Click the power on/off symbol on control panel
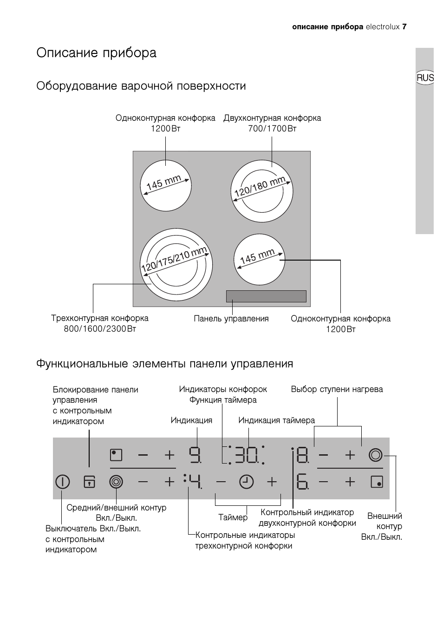pyautogui.click(x=62, y=482)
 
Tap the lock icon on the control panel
pyautogui.click(x=89, y=482)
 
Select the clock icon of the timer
pyautogui.click(x=247, y=482)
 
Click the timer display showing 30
pyautogui.click(x=246, y=455)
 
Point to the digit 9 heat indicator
pyautogui.click(x=195, y=454)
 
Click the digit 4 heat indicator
pyautogui.click(x=195, y=482)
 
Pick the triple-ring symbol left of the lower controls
pyautogui.click(x=116, y=482)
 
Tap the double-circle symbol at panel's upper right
pyautogui.click(x=375, y=455)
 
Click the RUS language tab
pyautogui.click(x=425, y=78)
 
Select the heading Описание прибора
pyautogui.click(x=97, y=53)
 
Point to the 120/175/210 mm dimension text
pyautogui.click(x=174, y=260)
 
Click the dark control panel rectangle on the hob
pyautogui.click(x=266, y=296)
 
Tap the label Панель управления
pyautogui.click(x=231, y=319)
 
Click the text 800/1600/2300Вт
pyautogui.click(x=100, y=329)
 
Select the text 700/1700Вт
pyautogui.click(x=272, y=129)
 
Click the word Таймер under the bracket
pyautogui.click(x=233, y=517)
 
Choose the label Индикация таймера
pyautogui.click(x=276, y=420)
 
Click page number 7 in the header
pyautogui.click(x=404, y=27)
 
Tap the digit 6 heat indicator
pyautogui.click(x=302, y=482)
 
